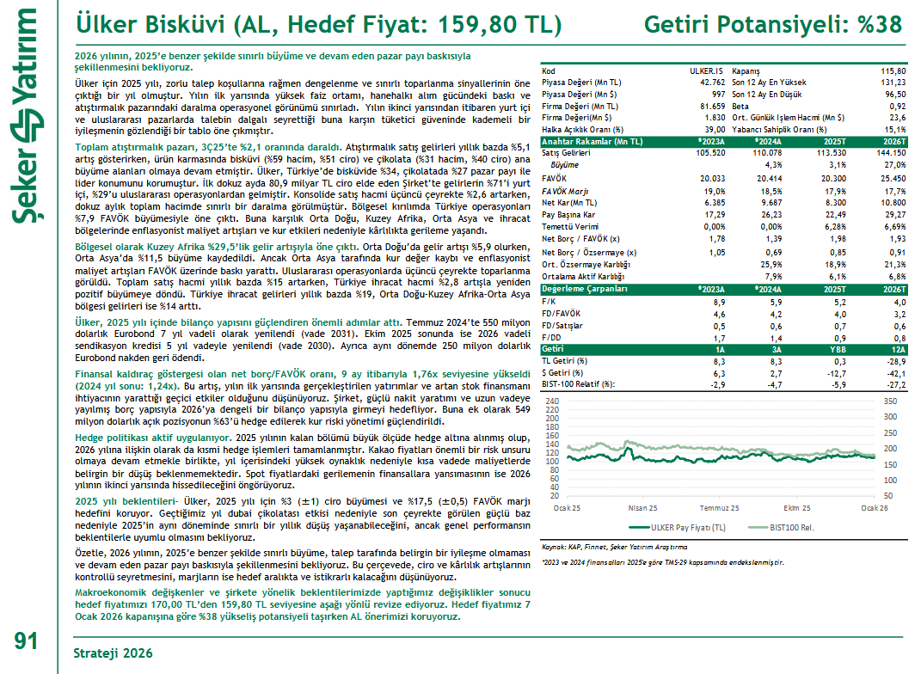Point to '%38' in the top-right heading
[x=879, y=23]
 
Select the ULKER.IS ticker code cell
[x=706, y=70]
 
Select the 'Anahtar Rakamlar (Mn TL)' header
[x=592, y=141]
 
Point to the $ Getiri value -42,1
[x=895, y=374]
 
